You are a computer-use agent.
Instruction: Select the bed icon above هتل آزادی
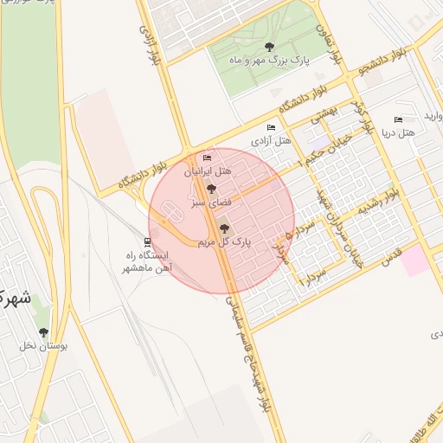pos(272,127)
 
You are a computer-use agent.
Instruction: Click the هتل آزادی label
pos(272,139)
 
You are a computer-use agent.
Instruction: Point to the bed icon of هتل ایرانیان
pos(206,158)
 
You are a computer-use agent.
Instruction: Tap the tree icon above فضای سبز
pos(211,189)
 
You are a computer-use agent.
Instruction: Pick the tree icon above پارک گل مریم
pos(225,229)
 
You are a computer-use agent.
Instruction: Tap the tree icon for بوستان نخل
pos(44,331)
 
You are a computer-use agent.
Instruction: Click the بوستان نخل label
pos(44,345)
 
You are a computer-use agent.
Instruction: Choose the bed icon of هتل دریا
pos(398,119)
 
